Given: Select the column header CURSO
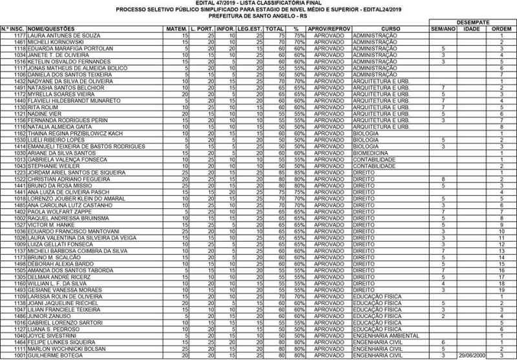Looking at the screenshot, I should [x=390, y=29].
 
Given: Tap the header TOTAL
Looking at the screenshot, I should [x=275, y=29].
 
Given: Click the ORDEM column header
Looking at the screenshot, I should [x=501, y=29].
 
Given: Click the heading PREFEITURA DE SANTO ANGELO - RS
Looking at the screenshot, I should [x=258, y=16].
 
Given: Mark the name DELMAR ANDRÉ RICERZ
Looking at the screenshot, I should [x=59, y=277].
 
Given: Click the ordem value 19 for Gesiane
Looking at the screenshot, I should [x=501, y=290].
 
